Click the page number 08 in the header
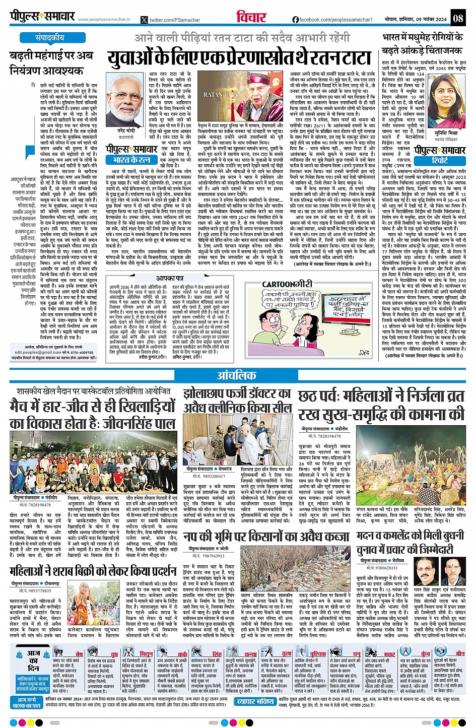[457, 18]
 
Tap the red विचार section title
[251, 18]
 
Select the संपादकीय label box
[50, 37]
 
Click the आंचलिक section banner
[236, 375]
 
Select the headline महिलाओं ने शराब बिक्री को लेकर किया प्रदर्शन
[93, 571]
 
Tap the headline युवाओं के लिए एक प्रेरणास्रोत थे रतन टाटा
[239, 58]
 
